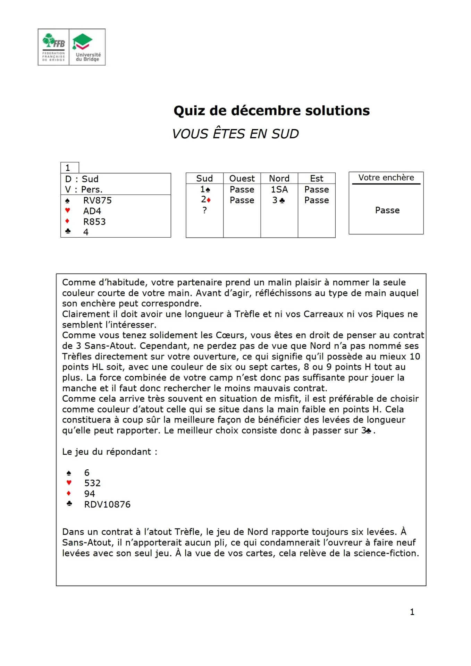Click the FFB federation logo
53,47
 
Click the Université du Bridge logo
87,47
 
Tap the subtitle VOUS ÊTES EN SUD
235,134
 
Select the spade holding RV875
98,200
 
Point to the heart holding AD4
92,211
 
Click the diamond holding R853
94,222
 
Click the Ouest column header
242,178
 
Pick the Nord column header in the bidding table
279,178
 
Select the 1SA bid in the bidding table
279,189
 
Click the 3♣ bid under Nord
278,200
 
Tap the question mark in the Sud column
204,210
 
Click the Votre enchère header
386,178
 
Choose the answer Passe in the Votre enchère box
387,210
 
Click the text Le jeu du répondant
109,452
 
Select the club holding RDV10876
107,504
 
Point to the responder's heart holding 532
92,483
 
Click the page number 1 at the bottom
412,612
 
